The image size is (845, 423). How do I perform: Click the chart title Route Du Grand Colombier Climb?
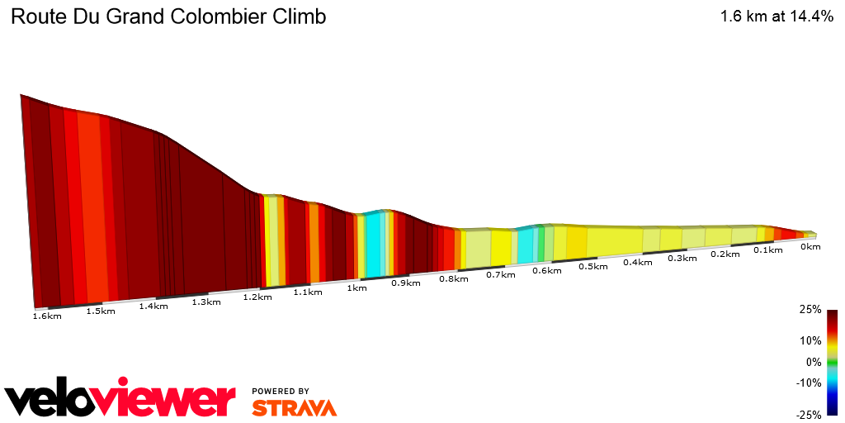[x=168, y=17]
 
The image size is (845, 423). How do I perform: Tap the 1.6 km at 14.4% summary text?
[x=777, y=17]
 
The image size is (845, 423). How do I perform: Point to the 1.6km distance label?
[x=47, y=316]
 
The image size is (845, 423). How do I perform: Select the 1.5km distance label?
[x=100, y=311]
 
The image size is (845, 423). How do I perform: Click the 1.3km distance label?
[x=205, y=302]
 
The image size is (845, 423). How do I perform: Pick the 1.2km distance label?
[x=257, y=297]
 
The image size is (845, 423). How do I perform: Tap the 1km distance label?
[x=356, y=288]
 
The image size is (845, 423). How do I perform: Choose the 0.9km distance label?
[x=406, y=283]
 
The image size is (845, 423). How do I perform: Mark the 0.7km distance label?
[x=500, y=274]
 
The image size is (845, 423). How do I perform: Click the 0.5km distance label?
[x=592, y=266]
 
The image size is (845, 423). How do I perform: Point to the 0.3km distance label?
[x=682, y=258]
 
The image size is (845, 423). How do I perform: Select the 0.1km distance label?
[x=768, y=250]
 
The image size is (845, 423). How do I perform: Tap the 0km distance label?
[x=811, y=246]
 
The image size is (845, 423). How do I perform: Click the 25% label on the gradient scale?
[x=811, y=310]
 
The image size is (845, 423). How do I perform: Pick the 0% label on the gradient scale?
[x=814, y=361]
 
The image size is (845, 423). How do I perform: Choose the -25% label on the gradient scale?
[x=809, y=414]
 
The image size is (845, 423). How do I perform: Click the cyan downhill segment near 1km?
[x=374, y=245]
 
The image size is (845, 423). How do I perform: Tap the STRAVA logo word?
[x=294, y=407]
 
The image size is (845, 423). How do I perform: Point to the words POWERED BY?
[x=281, y=391]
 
